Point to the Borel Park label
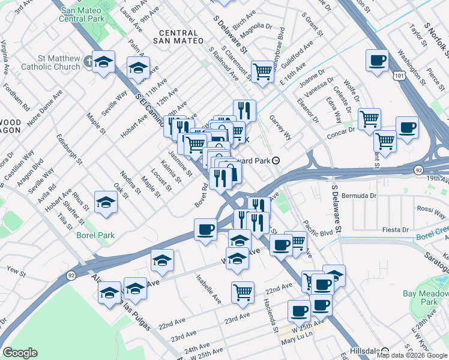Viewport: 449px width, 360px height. click(95, 235)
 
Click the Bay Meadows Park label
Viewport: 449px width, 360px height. click(429, 298)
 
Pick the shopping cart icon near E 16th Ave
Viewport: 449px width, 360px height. click(262, 71)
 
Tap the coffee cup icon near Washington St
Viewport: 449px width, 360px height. click(377, 60)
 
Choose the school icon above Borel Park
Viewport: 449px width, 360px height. click(106, 202)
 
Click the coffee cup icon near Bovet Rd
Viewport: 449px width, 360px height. click(205, 229)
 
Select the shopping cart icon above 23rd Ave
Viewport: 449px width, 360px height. click(243, 292)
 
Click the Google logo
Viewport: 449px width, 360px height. click(20, 353)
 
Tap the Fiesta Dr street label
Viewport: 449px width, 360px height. click(396, 230)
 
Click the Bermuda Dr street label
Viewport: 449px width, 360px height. click(361, 196)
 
